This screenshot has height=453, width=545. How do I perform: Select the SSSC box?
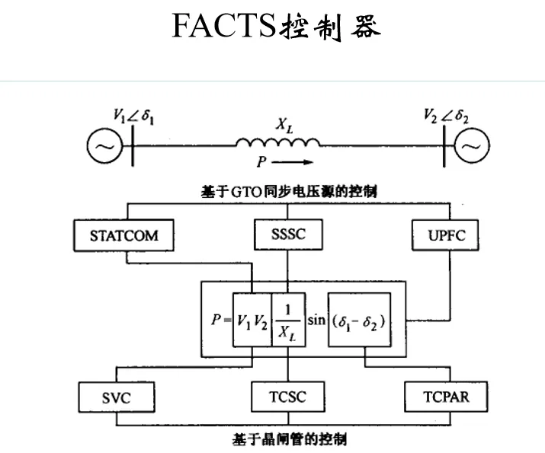coord(287,234)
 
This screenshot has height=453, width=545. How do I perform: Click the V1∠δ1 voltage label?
coord(133,117)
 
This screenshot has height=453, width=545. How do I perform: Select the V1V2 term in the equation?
coord(252,321)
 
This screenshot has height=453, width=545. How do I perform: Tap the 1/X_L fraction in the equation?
coord(287,321)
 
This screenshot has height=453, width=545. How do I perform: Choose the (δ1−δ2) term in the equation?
coord(360,321)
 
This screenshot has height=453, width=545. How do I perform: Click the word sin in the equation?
coord(316,320)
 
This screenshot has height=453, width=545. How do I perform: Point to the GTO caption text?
coord(287,193)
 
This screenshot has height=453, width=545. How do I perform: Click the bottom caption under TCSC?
coord(287,439)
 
